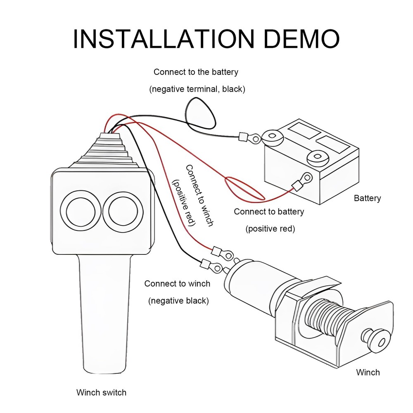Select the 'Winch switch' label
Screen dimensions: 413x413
coord(101,392)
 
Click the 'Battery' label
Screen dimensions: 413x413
coord(367,198)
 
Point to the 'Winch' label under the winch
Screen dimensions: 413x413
coord(368,372)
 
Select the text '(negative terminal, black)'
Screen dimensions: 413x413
coord(197,89)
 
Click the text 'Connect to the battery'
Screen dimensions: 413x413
coord(196,72)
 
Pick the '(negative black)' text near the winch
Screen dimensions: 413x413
coord(178,301)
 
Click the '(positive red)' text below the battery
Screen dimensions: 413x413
coord(270,228)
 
